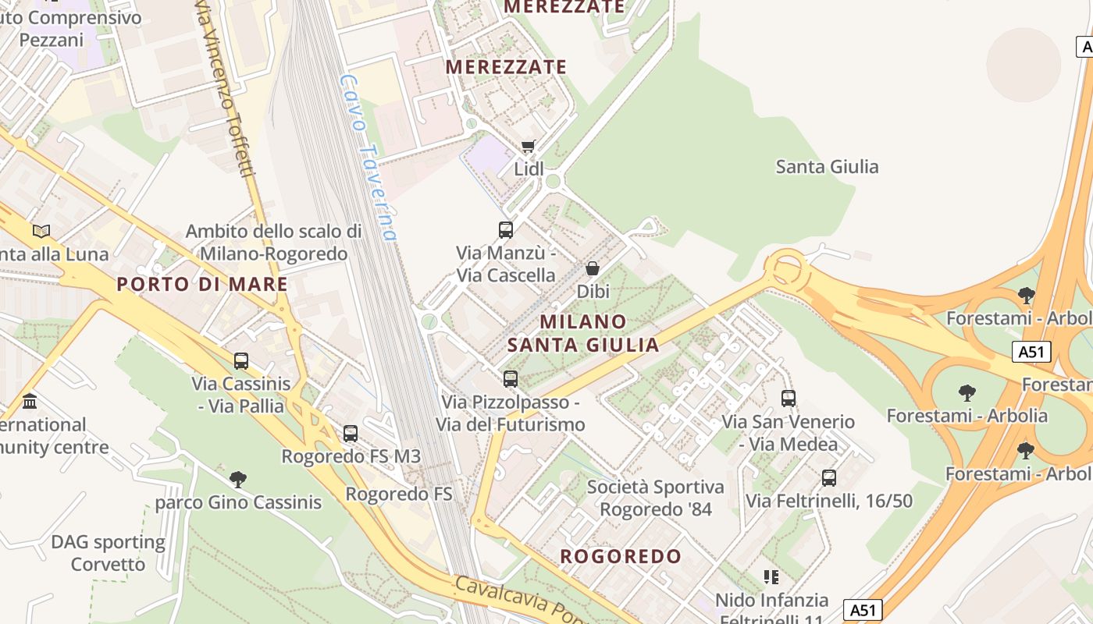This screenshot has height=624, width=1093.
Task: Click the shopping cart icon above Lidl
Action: coord(529,146)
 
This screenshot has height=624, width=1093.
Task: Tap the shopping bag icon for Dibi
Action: coord(593,268)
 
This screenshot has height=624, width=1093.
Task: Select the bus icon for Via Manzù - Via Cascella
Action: coord(506,230)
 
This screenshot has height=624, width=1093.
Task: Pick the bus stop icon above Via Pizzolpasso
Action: coord(511,379)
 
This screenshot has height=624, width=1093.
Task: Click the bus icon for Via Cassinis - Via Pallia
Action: coord(241,361)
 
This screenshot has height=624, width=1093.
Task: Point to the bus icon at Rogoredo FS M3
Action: coord(351,434)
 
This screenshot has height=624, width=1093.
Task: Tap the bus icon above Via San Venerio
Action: coord(789,399)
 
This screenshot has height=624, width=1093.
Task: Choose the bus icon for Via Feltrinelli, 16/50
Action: coord(829,478)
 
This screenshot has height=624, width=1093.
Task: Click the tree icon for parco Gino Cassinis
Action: coord(238,479)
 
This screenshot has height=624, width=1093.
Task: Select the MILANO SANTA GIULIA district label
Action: coord(584,333)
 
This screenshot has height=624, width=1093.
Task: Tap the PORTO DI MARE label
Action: coord(202,284)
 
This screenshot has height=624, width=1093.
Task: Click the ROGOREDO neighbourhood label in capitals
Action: coord(621,556)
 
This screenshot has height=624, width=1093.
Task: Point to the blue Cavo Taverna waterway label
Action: coord(369,156)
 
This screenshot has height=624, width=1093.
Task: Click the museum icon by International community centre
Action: coord(30,402)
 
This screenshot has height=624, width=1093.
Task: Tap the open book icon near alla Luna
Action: coord(41,231)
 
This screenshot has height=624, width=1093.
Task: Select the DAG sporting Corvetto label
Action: coord(108,553)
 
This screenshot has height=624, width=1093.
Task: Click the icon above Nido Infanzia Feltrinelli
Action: coord(771,577)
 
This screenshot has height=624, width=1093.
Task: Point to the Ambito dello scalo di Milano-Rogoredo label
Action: coord(273,243)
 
